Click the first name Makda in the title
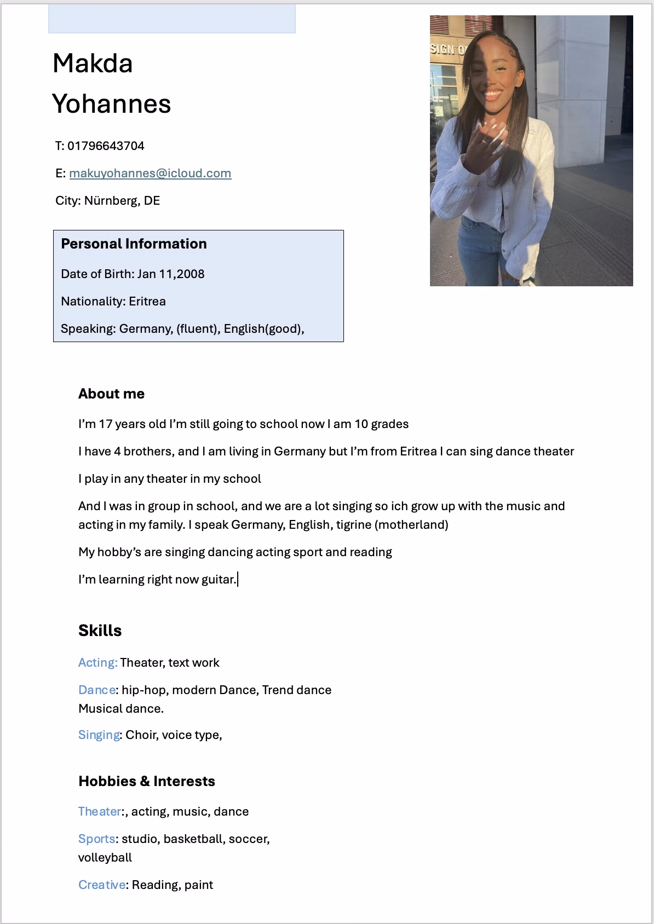coord(93,63)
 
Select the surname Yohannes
coord(112,104)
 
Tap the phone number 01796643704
coord(106,146)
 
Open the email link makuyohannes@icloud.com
coord(150,174)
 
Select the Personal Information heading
coord(134,244)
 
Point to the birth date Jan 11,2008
coord(170,274)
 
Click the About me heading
coord(111,394)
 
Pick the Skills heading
coord(100,631)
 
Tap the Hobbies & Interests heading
coord(146,781)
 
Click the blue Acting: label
coord(97,663)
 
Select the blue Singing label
coord(99,735)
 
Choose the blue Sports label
coord(96,839)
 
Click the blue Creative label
coord(102,885)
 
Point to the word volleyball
coord(105,858)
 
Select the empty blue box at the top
coord(171,19)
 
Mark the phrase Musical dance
coord(121,709)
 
